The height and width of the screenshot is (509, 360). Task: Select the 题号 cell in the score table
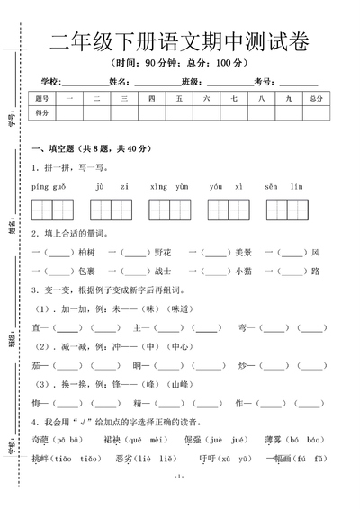coord(41,97)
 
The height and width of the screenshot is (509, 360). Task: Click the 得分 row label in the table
coord(41,113)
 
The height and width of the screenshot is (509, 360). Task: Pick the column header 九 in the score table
coord(287,97)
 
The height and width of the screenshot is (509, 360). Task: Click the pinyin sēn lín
coord(279,186)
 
